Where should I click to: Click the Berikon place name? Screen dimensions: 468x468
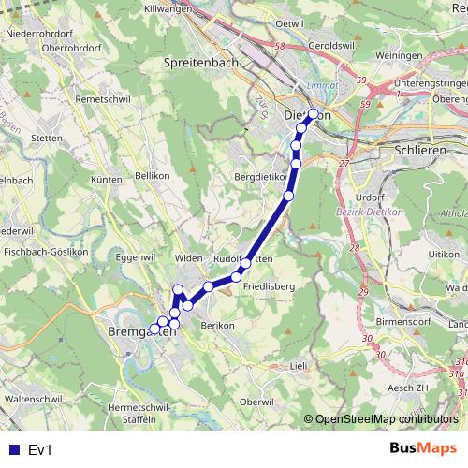216,323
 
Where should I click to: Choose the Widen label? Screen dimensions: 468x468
189,257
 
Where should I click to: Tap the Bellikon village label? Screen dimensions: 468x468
153,175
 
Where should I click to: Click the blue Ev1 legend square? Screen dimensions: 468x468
13,449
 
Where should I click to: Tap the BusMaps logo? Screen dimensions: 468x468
423,449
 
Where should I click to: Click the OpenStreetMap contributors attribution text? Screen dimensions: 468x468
387,419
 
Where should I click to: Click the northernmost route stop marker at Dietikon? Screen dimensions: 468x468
314,114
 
